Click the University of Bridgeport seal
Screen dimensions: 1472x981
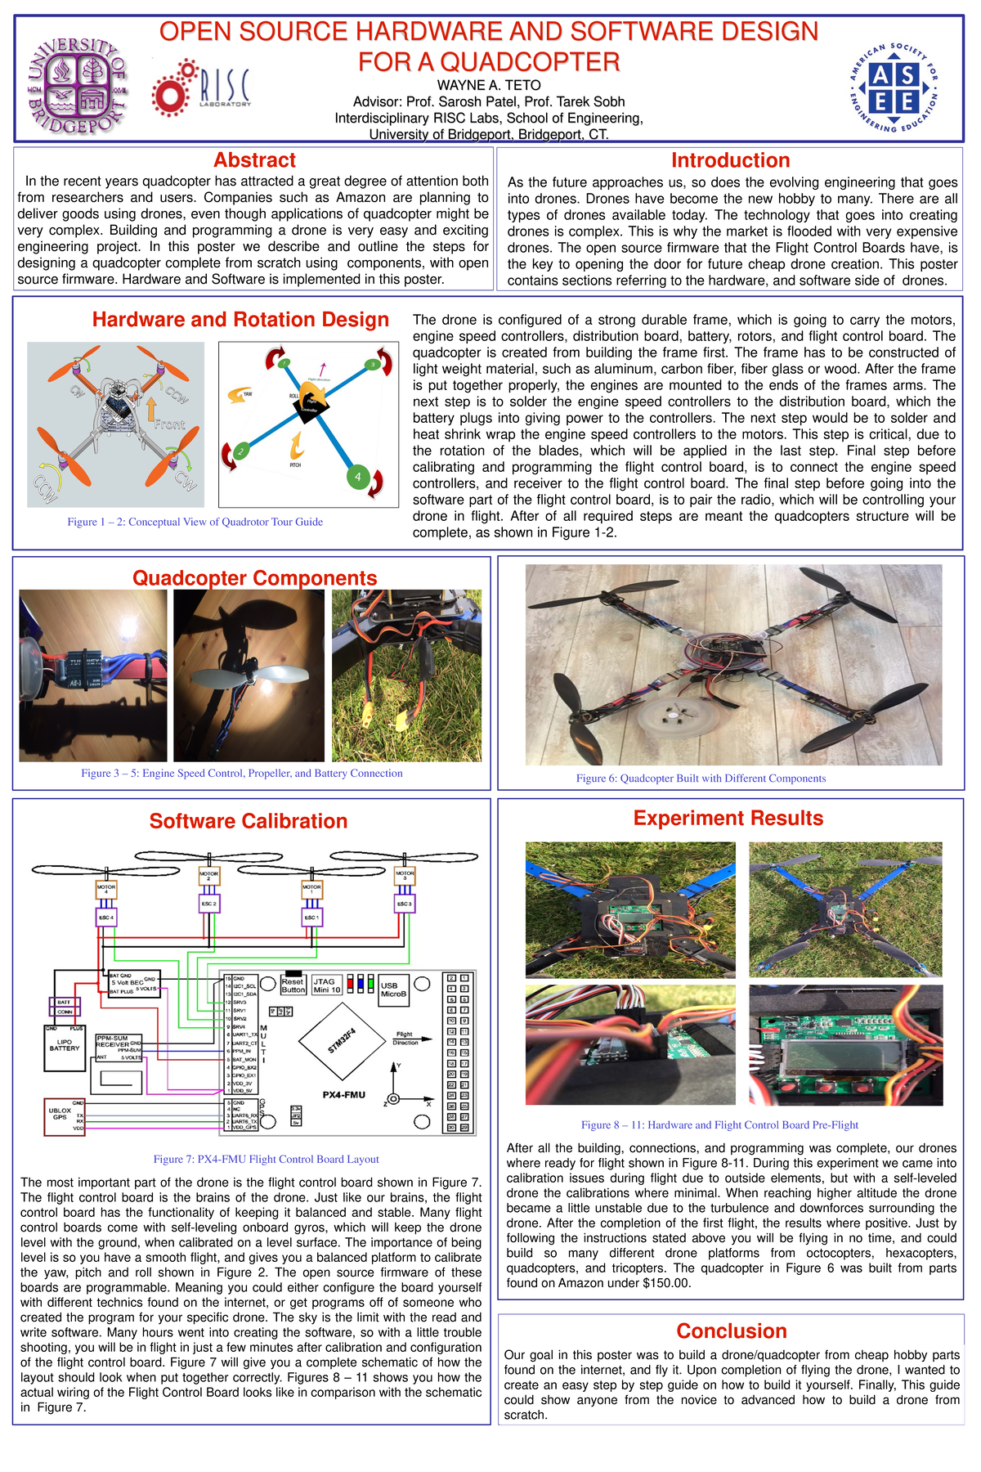click(77, 86)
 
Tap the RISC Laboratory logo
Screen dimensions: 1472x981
click(202, 88)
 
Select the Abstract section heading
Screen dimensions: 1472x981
click(254, 160)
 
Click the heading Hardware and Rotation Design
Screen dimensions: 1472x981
click(240, 320)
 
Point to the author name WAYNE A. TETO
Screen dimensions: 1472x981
click(489, 85)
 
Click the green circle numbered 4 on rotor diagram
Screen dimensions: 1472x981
click(357, 476)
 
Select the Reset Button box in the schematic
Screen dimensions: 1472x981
click(293, 985)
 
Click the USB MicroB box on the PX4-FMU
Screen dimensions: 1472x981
click(393, 990)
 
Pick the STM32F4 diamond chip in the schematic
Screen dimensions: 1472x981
click(342, 1043)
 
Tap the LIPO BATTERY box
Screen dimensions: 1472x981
click(65, 1048)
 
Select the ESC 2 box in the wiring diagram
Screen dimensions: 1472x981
click(209, 904)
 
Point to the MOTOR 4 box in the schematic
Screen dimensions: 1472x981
click(106, 889)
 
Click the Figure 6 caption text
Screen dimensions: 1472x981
click(701, 779)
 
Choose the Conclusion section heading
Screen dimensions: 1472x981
click(731, 1331)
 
